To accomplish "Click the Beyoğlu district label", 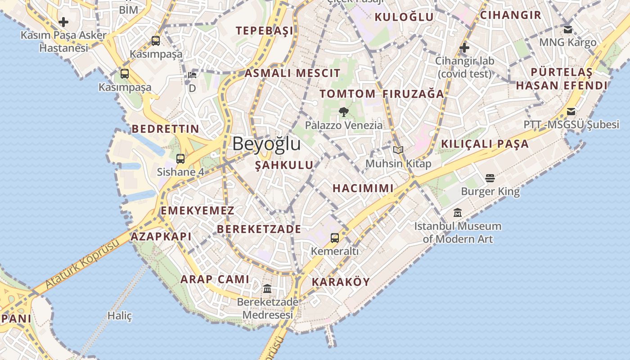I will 266,144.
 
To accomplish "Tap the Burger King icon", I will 490,179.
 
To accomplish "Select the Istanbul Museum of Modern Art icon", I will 458,212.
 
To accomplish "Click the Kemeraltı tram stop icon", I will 335,238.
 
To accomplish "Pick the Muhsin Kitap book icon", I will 398,150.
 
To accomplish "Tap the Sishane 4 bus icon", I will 180,158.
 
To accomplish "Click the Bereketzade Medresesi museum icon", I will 267,288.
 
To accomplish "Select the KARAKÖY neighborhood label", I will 341,282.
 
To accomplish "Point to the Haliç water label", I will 120,316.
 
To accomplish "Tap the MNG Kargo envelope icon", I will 568,29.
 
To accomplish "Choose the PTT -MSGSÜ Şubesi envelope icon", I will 571,112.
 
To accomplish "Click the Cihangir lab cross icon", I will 464,47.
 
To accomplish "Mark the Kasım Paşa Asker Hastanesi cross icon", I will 63,22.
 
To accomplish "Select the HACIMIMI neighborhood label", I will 363,189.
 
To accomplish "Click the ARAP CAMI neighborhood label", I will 215,279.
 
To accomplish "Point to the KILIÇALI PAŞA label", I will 485,144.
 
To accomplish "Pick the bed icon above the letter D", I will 192,75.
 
